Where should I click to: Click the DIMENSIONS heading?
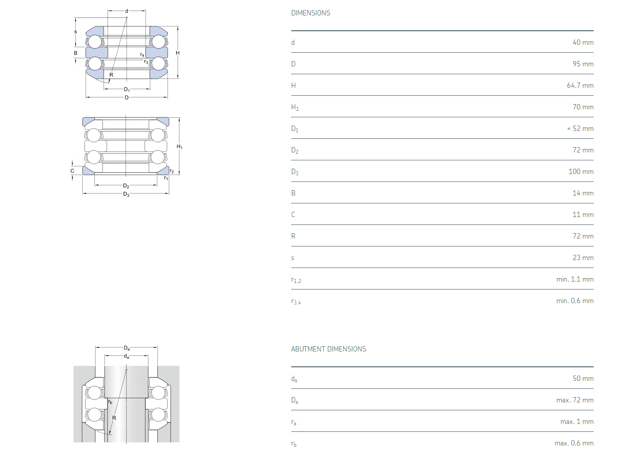[x=310, y=13]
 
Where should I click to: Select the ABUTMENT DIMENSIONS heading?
[x=328, y=349]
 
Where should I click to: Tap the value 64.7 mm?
[x=580, y=86]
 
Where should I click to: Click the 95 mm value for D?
[x=583, y=64]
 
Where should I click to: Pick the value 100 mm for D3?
[x=581, y=171]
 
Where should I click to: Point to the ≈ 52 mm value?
[x=580, y=129]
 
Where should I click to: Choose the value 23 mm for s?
[x=583, y=258]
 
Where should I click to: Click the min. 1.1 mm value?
[x=575, y=279]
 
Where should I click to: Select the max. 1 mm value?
[x=577, y=422]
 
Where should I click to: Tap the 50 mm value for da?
[x=583, y=379]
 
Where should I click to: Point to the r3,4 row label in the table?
[x=296, y=301]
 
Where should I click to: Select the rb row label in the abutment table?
[x=294, y=443]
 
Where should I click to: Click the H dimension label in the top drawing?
[x=177, y=53]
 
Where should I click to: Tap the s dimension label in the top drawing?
[x=76, y=32]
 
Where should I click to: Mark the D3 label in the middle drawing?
[x=126, y=194]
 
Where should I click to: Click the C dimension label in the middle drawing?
[x=72, y=171]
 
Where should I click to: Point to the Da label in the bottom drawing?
[x=126, y=348]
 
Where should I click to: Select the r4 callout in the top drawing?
[x=142, y=54]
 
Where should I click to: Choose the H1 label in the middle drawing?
[x=180, y=147]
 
